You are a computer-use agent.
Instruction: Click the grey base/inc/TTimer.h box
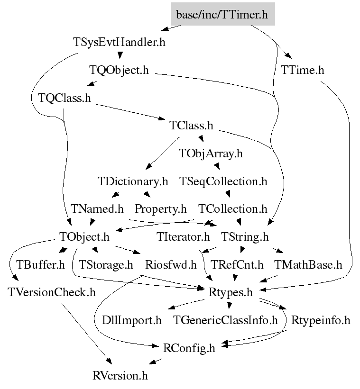pyautogui.click(x=222, y=15)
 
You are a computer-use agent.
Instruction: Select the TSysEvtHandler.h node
pyautogui.click(x=120, y=42)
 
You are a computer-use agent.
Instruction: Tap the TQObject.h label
pyautogui.click(x=119, y=70)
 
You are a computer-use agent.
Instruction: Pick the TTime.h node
pyautogui.click(x=302, y=70)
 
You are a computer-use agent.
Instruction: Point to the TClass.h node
pyautogui.click(x=191, y=126)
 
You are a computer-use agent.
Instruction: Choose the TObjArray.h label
pyautogui.click(x=211, y=154)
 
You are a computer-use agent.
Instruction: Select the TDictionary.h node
pyautogui.click(x=133, y=181)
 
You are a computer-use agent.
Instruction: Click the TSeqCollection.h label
pyautogui.click(x=223, y=181)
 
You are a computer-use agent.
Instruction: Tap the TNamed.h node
pyautogui.click(x=97, y=208)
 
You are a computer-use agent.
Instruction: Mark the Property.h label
pyautogui.click(x=160, y=208)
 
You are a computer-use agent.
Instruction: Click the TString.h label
pyautogui.click(x=245, y=236)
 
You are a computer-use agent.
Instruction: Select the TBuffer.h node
pyautogui.click(x=41, y=264)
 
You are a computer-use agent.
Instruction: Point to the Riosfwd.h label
pyautogui.click(x=170, y=264)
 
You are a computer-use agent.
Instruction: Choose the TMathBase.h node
pyautogui.click(x=308, y=264)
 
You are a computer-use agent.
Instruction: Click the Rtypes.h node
pyautogui.click(x=231, y=292)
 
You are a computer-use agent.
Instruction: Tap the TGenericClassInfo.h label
pyautogui.click(x=225, y=320)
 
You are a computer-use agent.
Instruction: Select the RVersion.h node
pyautogui.click(x=120, y=376)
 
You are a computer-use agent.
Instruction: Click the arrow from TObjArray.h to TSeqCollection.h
pyautogui.click(x=216, y=166)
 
